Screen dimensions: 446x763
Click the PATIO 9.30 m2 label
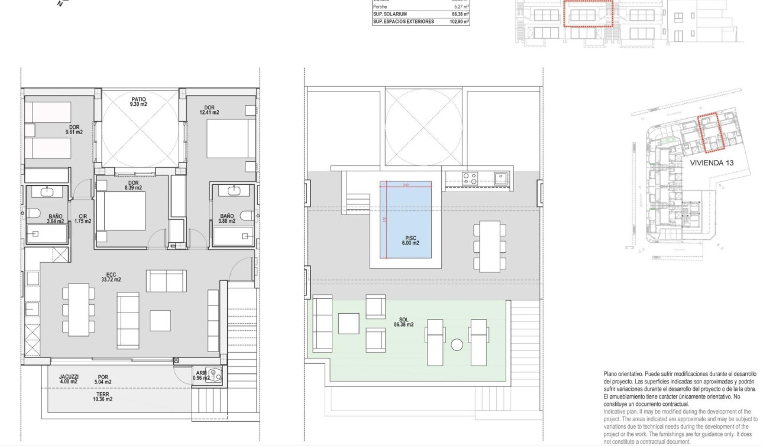click(138, 102)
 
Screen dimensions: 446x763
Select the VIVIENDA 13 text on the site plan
click(714, 162)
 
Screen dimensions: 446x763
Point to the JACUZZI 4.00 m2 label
click(69, 379)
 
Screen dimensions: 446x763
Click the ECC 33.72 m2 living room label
click(111, 277)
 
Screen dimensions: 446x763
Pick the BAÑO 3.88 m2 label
click(227, 219)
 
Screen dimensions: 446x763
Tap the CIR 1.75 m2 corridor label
click(83, 219)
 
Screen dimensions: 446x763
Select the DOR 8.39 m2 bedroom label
click(133, 185)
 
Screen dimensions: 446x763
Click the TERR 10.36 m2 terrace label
click(102, 397)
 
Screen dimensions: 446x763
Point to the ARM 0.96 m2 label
click(201, 376)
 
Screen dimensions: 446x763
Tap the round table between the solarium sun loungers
click(456, 344)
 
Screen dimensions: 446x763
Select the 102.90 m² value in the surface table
click(459, 21)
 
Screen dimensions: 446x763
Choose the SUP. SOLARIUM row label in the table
click(390, 14)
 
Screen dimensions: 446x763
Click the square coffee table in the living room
click(160, 320)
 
